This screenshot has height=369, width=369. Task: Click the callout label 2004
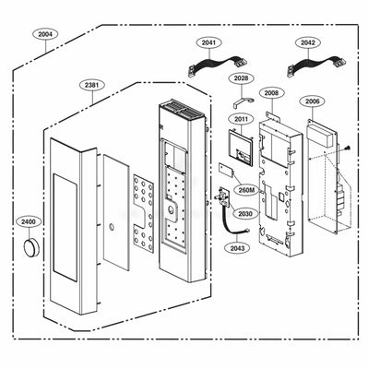(45, 34)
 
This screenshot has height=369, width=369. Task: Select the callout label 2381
(91, 85)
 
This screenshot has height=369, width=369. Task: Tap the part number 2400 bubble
(30, 222)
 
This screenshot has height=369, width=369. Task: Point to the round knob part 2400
(32, 246)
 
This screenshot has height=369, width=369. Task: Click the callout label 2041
(209, 42)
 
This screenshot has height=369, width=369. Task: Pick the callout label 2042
(308, 42)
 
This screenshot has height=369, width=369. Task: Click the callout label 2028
(240, 78)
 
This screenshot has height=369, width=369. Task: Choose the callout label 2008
(270, 93)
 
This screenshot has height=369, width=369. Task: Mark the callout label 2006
(313, 101)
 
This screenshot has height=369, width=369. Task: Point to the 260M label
(244, 189)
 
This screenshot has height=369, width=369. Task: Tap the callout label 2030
(244, 213)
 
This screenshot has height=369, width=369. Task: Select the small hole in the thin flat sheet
(110, 223)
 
